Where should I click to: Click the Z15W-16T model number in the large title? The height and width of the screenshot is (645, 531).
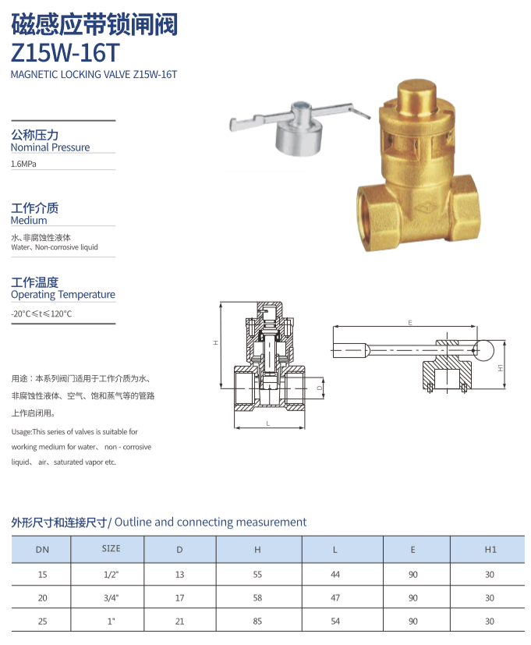tap(65, 53)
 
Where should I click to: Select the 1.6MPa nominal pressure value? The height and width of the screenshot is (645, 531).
tap(23, 164)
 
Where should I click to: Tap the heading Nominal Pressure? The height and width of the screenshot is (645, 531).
tap(50, 147)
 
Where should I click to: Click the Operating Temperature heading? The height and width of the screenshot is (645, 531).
tap(63, 295)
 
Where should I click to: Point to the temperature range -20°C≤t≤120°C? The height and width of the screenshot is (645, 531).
tap(41, 314)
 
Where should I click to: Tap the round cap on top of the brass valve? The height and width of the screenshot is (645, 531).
tap(416, 96)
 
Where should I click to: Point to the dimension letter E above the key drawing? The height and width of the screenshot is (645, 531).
tap(410, 323)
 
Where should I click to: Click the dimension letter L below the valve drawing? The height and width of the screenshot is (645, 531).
tap(267, 424)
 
